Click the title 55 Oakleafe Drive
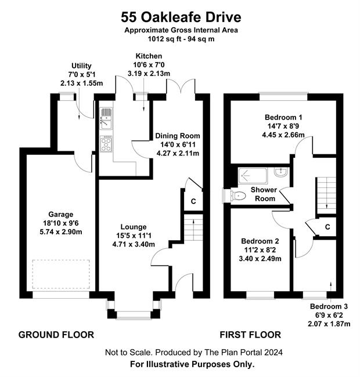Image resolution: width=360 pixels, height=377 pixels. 181,17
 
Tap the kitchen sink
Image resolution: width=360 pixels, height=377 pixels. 106,118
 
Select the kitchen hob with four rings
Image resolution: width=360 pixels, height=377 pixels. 106,144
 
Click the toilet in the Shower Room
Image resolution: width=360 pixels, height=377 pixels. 237,195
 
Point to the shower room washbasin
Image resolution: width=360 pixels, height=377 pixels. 280,172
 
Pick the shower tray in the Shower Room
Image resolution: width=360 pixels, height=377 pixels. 253,176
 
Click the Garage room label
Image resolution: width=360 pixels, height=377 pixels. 61,214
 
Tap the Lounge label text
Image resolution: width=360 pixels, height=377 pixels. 134,227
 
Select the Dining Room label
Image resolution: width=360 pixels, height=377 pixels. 178,136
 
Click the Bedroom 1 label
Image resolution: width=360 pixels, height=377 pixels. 283,117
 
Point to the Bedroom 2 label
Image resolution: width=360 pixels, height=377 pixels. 260,241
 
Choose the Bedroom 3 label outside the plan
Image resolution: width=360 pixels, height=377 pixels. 329,306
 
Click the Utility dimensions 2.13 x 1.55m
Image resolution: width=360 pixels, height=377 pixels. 81,83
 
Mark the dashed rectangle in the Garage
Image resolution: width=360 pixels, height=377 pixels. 61,274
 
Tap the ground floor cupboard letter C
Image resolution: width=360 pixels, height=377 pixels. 193,201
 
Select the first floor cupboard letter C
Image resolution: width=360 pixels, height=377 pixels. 327,227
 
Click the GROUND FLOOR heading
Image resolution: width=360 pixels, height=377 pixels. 56,335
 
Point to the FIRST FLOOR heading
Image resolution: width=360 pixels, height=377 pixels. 250,335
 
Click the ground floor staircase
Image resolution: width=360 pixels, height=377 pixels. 193,228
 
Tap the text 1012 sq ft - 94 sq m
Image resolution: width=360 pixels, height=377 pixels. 181,39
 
